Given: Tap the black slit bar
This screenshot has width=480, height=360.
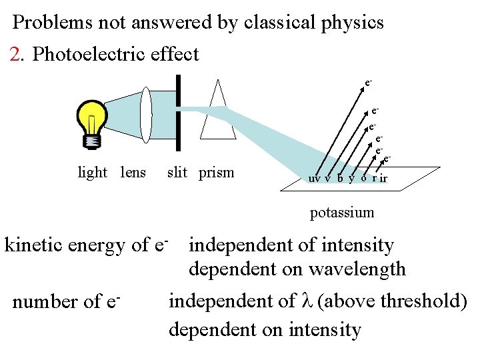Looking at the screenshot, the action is click(178, 113).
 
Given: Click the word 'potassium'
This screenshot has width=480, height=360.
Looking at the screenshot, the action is click(342, 213).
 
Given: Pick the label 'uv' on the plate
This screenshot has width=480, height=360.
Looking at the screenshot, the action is click(313, 179).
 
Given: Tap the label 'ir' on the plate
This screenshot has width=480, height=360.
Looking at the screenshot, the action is click(383, 179).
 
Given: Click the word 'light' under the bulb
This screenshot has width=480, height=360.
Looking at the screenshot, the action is click(93, 173).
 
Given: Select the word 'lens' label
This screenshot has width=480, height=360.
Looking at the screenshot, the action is click(133, 173).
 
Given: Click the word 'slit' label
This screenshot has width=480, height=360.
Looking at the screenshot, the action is click(177, 173).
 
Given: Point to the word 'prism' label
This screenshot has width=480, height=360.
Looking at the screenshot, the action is click(217, 173).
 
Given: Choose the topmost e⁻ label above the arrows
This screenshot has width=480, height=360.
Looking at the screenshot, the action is click(368, 84).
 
